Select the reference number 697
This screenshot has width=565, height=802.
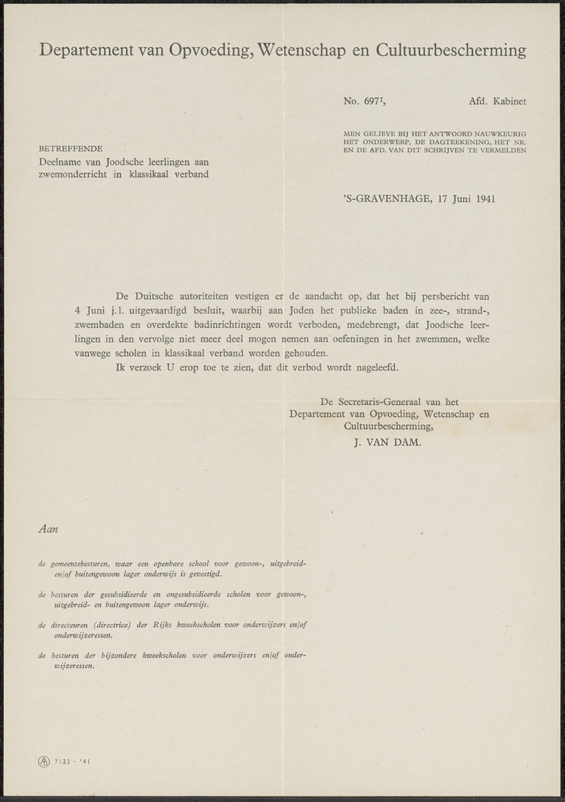pos(373,102)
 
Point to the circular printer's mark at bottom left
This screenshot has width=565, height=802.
pos(43,761)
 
